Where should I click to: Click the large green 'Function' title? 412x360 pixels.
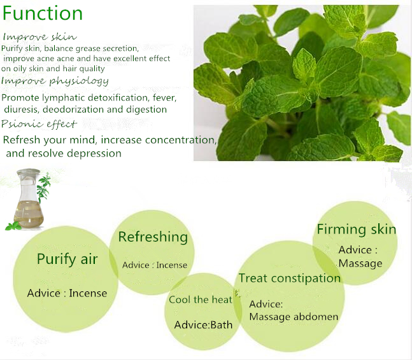[43, 13]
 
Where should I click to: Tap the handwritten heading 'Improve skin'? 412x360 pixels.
[39, 37]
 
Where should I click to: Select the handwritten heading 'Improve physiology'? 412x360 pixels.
[55, 81]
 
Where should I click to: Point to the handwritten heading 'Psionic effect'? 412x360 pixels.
[39, 123]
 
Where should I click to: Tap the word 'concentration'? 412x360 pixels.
[180, 140]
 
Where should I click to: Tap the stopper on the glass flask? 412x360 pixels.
[28, 172]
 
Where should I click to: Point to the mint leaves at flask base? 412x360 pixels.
[13, 226]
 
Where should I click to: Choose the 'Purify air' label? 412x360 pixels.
[67, 259]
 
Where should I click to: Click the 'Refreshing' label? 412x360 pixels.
[153, 237]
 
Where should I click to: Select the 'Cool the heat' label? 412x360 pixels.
[201, 300]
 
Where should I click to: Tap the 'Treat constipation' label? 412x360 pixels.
[290, 278]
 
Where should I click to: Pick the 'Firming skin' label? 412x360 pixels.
[357, 230]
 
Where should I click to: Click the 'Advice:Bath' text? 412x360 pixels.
[203, 325]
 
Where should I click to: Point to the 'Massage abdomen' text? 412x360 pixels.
[294, 317]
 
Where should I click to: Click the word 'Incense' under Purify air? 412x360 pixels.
[88, 293]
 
